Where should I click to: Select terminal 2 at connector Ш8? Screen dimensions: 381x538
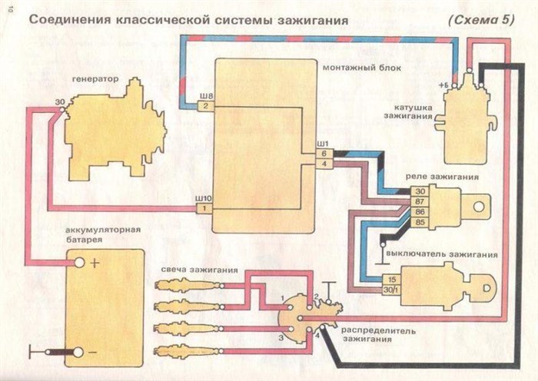click(x=205, y=107)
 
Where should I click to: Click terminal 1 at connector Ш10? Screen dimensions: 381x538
click(x=204, y=208)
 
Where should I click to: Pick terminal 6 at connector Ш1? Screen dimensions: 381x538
click(x=324, y=154)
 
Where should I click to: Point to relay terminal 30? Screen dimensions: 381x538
click(x=420, y=191)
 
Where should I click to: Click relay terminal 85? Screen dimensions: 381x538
click(x=420, y=223)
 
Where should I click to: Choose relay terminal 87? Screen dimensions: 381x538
click(x=420, y=201)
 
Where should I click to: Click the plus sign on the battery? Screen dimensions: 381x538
click(x=95, y=263)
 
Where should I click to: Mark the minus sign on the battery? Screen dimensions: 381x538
click(x=95, y=351)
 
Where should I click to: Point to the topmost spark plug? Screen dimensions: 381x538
click(x=184, y=285)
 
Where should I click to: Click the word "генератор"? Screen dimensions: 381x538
click(x=95, y=78)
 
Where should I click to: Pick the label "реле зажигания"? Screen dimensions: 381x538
click(x=448, y=177)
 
